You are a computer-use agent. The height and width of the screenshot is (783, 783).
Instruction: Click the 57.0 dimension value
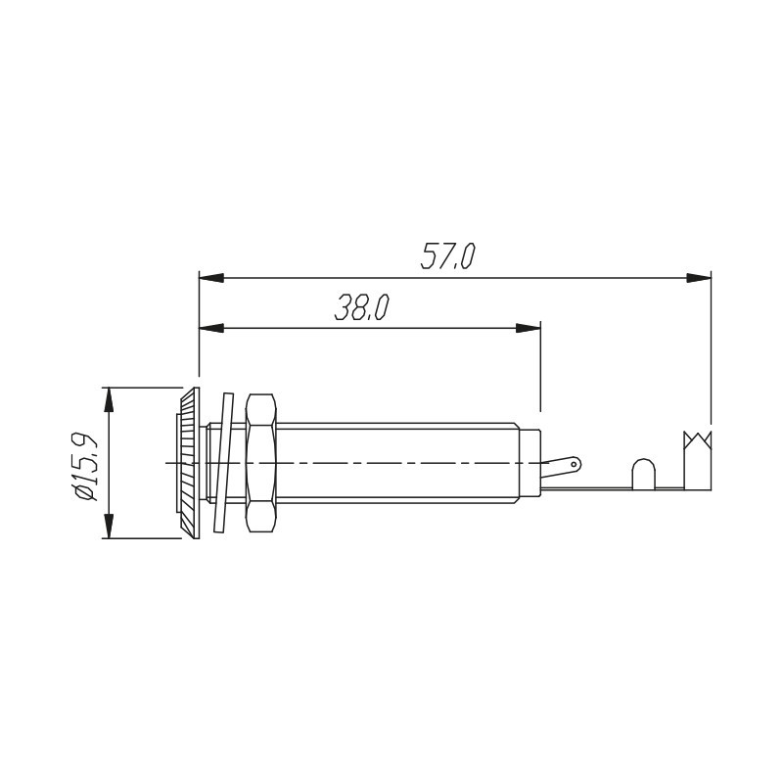(447, 256)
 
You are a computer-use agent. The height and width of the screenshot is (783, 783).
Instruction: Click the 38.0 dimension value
(361, 306)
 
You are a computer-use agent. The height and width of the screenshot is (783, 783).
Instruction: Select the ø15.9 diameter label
(85, 463)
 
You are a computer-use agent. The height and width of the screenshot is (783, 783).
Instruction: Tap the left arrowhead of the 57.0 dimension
(211, 278)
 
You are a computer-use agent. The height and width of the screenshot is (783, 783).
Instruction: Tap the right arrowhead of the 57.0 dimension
(699, 278)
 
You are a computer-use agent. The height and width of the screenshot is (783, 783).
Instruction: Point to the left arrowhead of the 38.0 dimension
(211, 328)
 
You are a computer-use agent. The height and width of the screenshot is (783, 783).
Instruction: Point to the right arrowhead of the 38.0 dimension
(529, 328)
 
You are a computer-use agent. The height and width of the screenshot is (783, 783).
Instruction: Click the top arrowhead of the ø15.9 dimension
(110, 399)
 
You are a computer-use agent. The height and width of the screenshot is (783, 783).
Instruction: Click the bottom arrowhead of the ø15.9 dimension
(110, 527)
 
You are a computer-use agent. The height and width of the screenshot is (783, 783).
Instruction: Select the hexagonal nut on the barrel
(261, 463)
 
